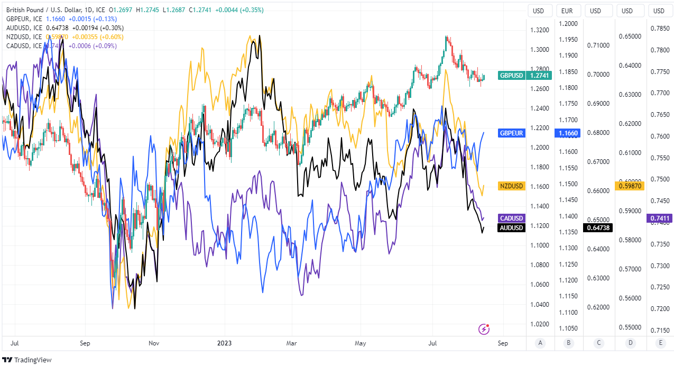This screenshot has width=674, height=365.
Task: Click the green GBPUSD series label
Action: click(x=512, y=75)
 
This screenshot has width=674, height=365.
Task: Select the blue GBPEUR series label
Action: click(x=512, y=133)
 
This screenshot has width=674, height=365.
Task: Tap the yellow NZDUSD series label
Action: click(x=512, y=186)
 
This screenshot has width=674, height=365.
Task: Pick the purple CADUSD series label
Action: click(x=512, y=218)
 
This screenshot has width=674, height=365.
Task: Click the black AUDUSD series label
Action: click(x=512, y=228)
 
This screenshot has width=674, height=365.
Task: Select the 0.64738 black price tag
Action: click(x=597, y=227)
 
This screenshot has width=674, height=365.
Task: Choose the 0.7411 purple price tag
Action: click(x=660, y=218)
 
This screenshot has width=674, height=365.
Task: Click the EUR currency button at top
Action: click(x=567, y=11)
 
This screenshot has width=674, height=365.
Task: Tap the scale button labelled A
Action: click(x=540, y=343)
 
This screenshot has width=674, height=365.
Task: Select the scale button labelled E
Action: click(x=660, y=343)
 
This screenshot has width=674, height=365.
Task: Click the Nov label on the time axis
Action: click(x=154, y=343)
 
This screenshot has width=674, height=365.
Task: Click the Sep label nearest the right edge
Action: click(x=503, y=343)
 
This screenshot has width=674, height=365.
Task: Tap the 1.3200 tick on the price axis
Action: click(x=540, y=30)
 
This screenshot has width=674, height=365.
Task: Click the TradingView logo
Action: click(x=27, y=360)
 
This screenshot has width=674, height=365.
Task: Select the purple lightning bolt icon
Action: click(x=484, y=330)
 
